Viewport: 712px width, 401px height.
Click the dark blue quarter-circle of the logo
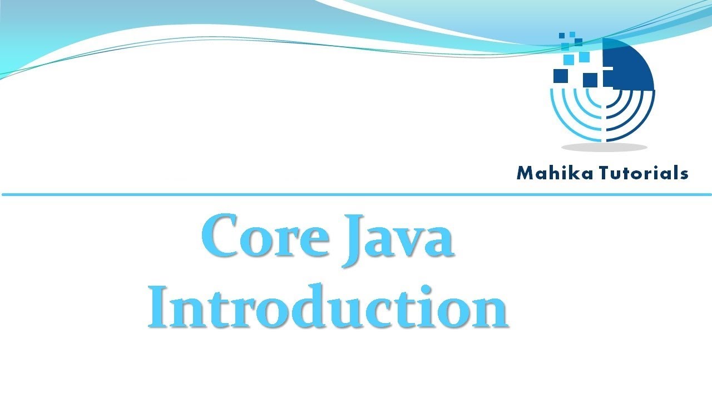point(629,64)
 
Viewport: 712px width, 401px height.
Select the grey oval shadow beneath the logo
point(604,148)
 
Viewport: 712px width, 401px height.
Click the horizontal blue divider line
point(356,194)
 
